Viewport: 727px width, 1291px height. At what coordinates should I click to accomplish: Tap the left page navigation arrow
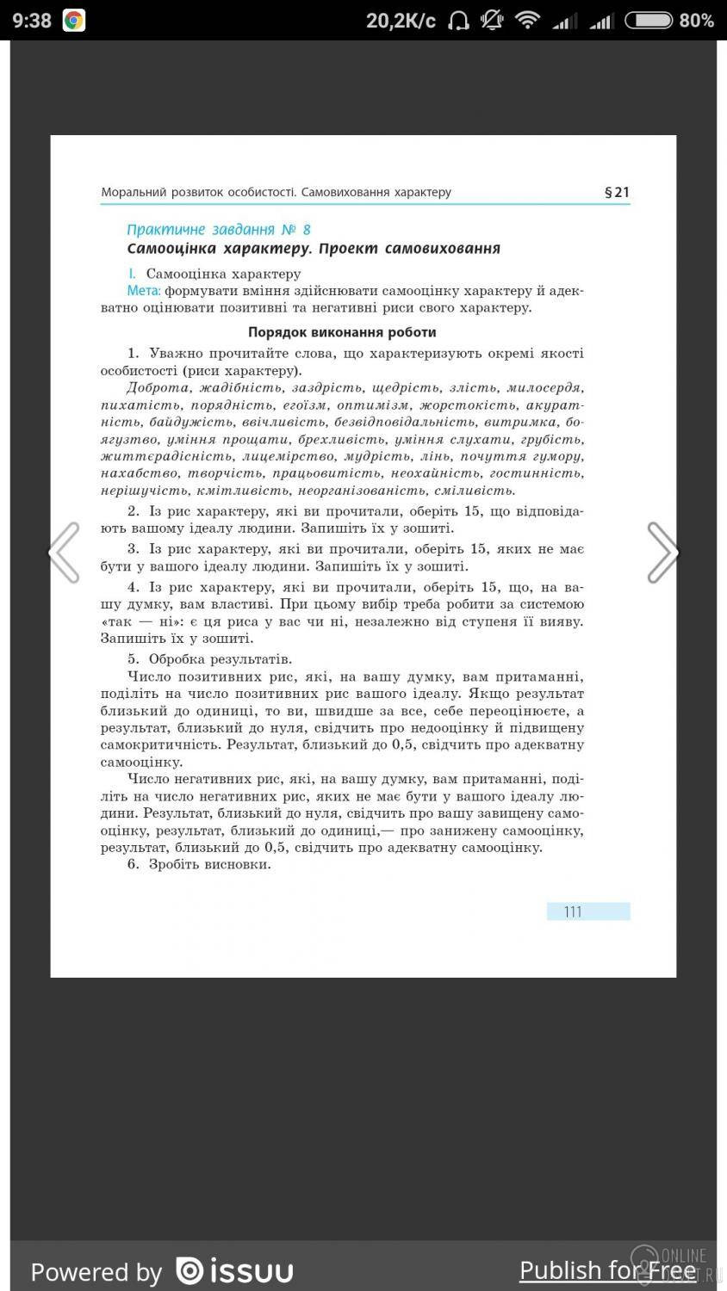point(64,553)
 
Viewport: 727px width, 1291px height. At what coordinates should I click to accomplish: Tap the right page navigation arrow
point(662,553)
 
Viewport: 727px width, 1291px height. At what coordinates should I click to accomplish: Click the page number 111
point(573,911)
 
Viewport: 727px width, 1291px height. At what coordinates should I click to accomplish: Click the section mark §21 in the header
point(617,192)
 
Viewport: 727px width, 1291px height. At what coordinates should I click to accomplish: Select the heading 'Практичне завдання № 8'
point(218,229)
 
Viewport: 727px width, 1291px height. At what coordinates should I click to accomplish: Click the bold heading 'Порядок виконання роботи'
point(342,332)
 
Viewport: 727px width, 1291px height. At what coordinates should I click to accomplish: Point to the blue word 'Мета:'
point(143,291)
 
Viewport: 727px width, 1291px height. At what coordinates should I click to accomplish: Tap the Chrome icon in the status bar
point(74,21)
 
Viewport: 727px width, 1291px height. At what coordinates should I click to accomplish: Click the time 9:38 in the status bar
point(32,21)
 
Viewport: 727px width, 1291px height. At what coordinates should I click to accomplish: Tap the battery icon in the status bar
point(648,21)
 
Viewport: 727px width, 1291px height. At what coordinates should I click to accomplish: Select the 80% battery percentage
point(696,21)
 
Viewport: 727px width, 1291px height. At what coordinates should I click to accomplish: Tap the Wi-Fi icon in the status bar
point(527,21)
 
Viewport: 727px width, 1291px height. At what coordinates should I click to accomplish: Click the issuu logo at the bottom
point(234,1270)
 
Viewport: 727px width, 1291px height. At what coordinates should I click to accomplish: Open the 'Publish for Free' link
point(607,1270)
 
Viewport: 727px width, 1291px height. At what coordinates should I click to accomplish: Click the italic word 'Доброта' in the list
point(157,387)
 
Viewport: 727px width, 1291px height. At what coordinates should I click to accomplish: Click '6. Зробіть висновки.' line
point(199,864)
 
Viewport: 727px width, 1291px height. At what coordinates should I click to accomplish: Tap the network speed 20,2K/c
point(401,21)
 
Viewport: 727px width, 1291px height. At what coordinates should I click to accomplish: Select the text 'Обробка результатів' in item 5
point(220,659)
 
